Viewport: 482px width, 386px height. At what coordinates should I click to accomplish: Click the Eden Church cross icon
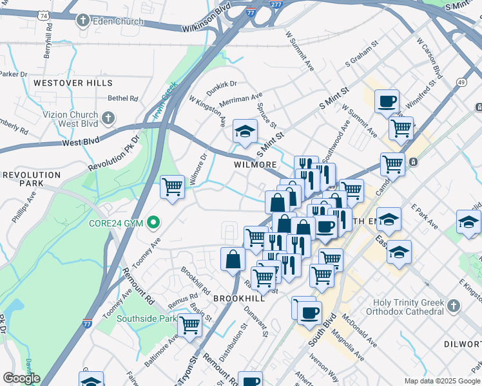tap(82, 21)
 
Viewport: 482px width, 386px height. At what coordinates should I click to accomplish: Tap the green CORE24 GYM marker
tap(153, 223)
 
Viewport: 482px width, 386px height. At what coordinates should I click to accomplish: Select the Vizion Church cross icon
tap(108, 118)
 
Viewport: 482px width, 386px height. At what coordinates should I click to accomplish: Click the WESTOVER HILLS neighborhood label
tap(73, 83)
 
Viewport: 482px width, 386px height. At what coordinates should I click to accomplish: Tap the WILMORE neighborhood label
tap(255, 165)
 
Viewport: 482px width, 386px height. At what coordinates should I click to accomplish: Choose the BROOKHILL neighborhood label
tap(238, 299)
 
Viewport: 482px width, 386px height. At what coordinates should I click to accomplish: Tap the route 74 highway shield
tap(43, 14)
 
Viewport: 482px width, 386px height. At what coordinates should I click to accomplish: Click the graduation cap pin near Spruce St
tap(245, 131)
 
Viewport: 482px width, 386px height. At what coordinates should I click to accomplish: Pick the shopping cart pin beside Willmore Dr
tap(172, 187)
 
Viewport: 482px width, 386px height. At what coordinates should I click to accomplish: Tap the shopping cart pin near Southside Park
tap(189, 325)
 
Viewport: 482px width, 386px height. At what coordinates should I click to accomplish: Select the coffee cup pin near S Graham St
tap(387, 100)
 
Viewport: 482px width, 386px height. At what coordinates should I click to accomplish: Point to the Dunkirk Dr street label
tap(222, 84)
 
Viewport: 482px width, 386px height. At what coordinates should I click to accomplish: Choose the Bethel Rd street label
tap(123, 98)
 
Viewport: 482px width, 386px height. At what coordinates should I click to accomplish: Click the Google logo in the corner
tap(21, 378)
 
